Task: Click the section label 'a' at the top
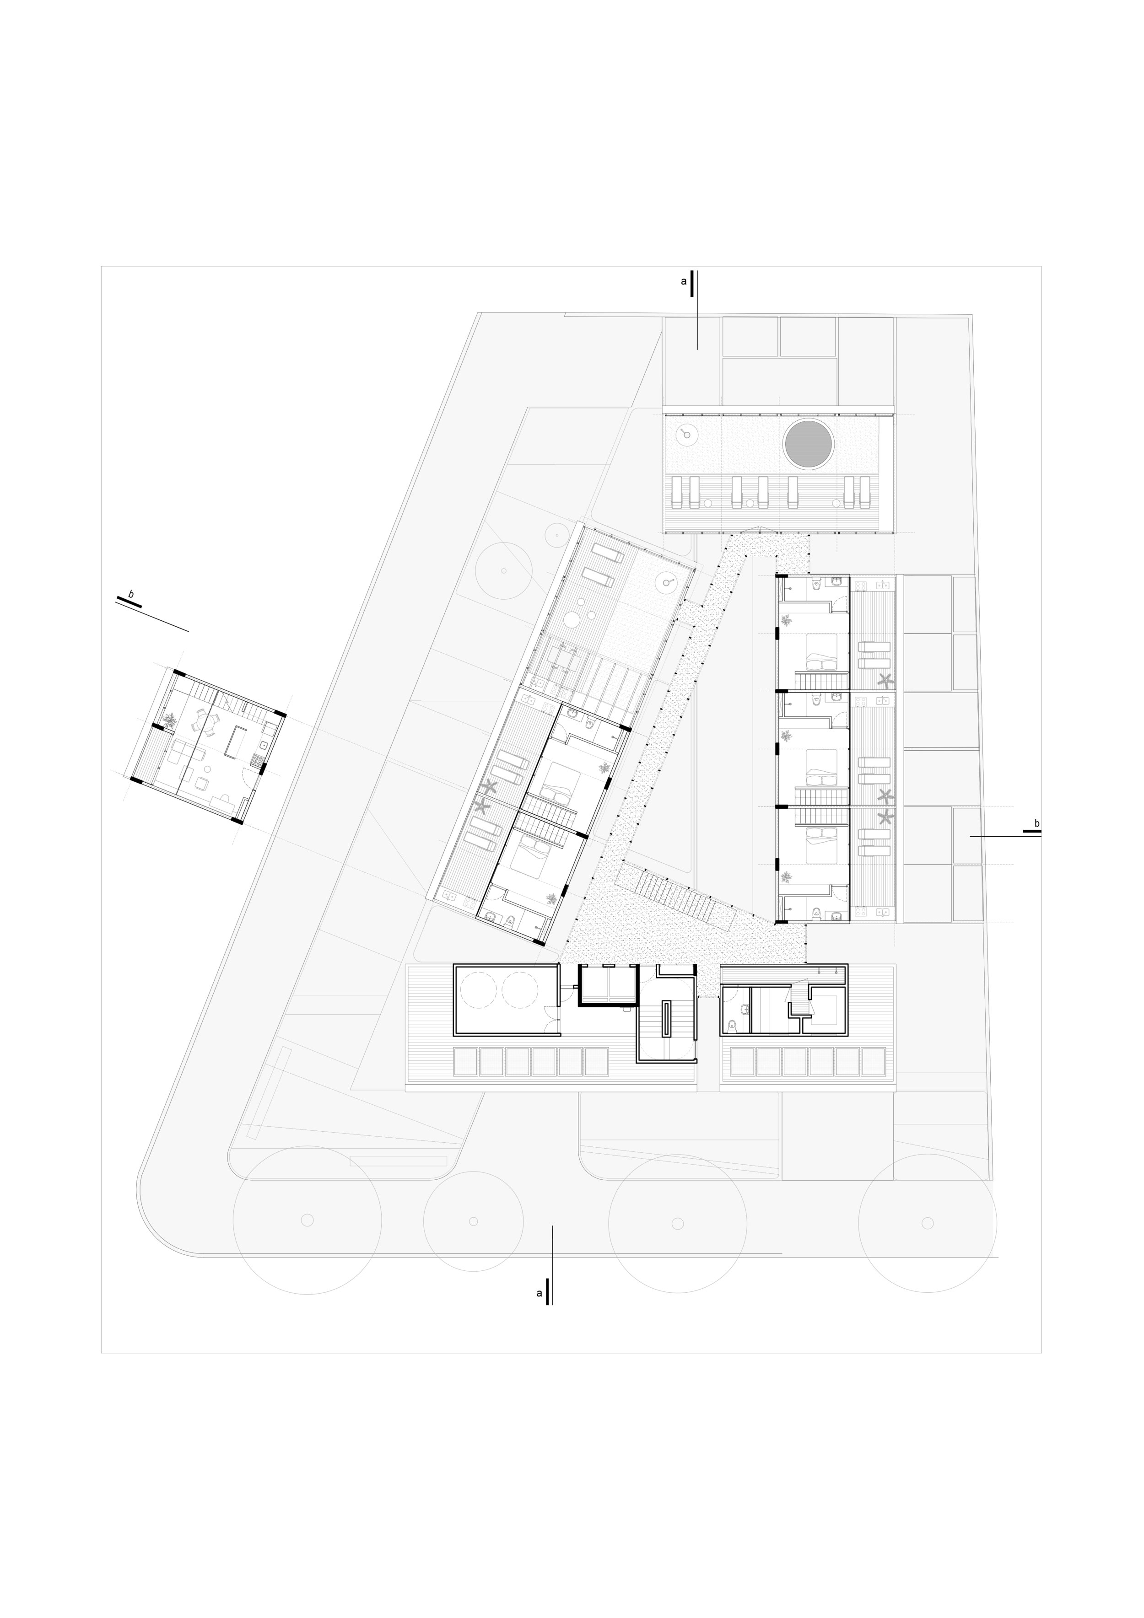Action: pyautogui.click(x=683, y=281)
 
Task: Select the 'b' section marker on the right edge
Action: pyautogui.click(x=1036, y=823)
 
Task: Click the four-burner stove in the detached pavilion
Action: pyautogui.click(x=257, y=760)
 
